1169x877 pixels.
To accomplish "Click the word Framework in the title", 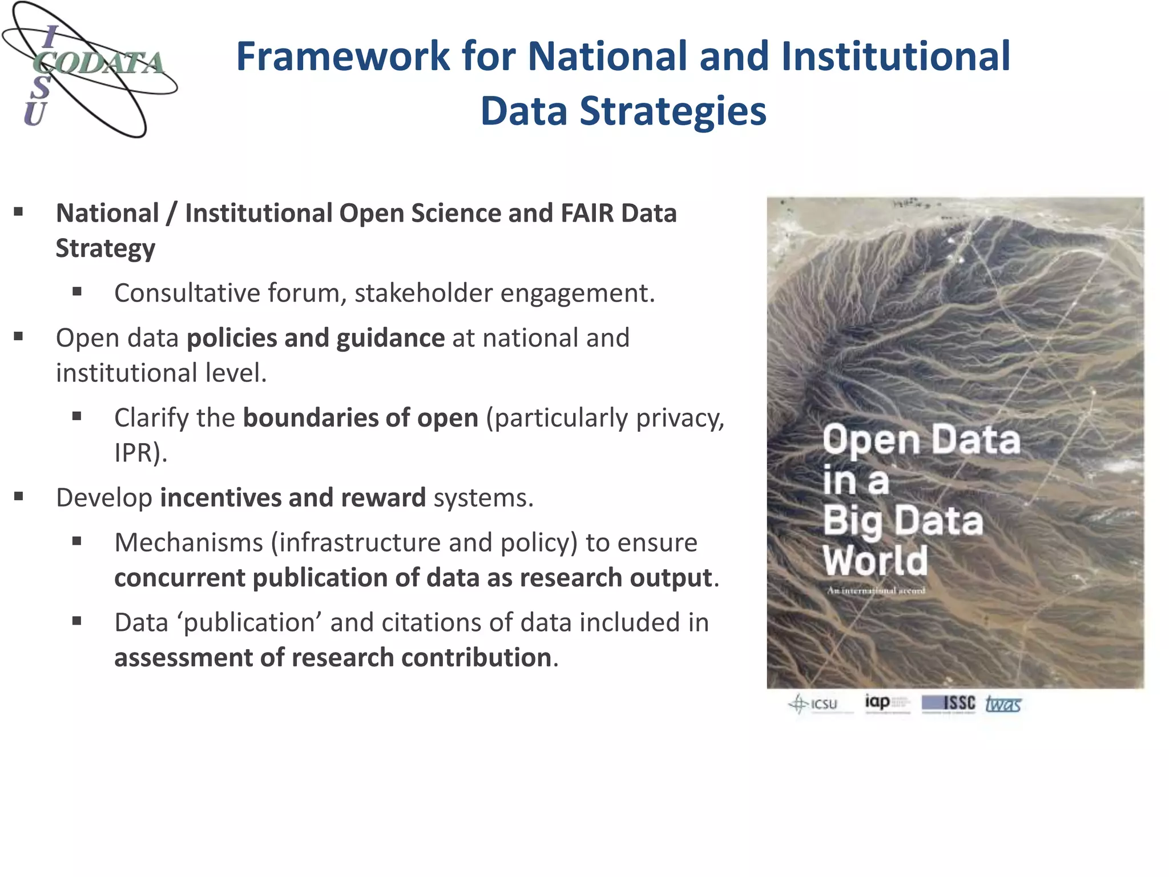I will click(343, 57).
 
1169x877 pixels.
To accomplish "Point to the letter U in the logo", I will click(34, 114).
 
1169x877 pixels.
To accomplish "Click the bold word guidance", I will click(390, 338).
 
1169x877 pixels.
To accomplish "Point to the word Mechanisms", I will click(189, 542).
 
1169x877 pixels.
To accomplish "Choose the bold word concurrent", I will click(180, 578).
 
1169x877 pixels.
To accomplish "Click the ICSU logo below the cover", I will click(814, 704).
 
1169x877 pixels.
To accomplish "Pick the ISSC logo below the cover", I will click(949, 703).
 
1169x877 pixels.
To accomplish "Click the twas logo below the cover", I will click(1003, 704).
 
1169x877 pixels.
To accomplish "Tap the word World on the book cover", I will click(875, 561).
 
